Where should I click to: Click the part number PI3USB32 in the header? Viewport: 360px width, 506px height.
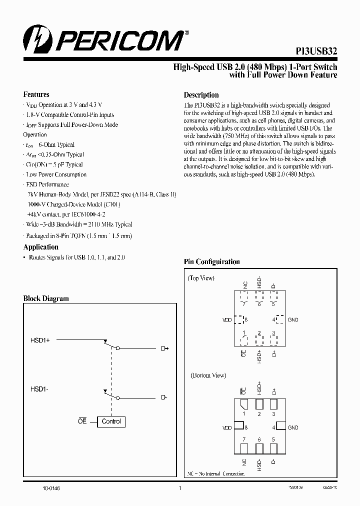[x=315, y=51]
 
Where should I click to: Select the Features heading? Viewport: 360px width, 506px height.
[x=36, y=94]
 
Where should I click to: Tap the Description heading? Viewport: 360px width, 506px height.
[x=201, y=95]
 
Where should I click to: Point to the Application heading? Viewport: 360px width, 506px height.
[x=41, y=247]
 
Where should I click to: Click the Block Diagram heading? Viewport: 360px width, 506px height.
[x=46, y=298]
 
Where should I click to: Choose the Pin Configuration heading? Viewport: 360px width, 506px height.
[x=211, y=262]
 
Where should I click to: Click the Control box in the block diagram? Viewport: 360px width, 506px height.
[x=111, y=421]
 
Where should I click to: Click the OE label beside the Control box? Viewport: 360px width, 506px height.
[x=82, y=421]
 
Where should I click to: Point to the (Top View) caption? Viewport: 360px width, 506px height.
[x=201, y=278]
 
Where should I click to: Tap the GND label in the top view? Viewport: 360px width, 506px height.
[x=293, y=319]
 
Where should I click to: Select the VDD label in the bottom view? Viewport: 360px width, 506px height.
[x=227, y=428]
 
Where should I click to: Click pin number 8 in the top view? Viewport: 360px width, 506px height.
[x=246, y=319]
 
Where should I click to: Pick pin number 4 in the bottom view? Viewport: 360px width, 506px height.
[x=273, y=427]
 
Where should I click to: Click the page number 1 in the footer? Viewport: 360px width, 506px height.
[x=179, y=488]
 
